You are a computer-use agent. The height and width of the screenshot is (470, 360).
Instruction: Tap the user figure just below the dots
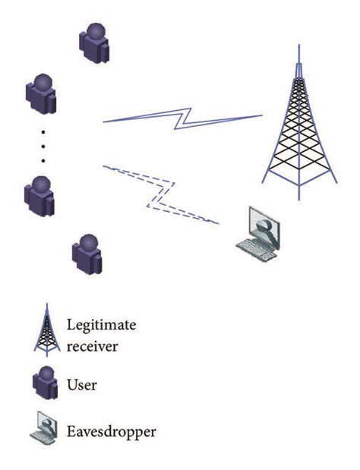[39, 194]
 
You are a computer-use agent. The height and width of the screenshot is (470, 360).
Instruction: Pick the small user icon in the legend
[45, 384]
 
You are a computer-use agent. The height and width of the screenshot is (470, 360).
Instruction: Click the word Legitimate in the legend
[112, 324]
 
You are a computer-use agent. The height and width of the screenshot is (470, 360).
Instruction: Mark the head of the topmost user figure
[95, 32]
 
